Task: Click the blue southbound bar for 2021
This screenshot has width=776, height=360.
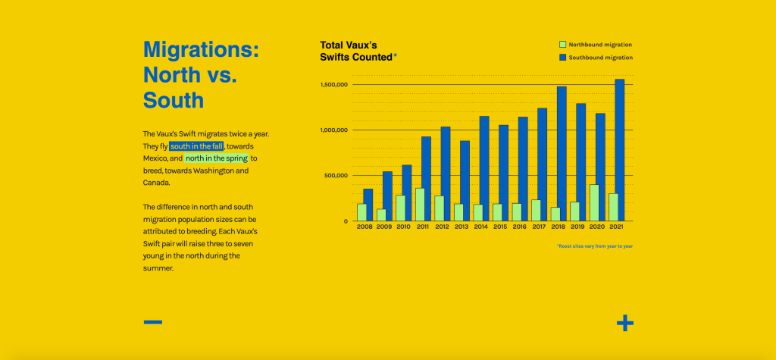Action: [620, 150]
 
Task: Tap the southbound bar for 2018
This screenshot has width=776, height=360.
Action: [562, 154]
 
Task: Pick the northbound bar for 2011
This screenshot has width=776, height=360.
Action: [420, 205]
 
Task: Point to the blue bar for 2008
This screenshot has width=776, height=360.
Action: [368, 205]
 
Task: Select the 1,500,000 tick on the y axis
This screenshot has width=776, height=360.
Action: [334, 85]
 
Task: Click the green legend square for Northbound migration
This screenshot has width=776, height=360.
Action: [562, 45]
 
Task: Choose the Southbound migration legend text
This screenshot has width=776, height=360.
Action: [600, 58]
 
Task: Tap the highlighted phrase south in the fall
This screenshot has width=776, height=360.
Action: [196, 146]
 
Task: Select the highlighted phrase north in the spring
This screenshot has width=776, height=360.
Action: [217, 158]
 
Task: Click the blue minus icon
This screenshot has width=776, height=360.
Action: [153, 322]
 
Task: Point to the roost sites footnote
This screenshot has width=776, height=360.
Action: [594, 246]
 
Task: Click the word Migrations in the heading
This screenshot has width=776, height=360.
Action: [201, 49]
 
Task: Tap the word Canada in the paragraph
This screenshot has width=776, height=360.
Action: [157, 183]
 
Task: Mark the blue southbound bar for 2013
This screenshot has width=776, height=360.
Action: [465, 180]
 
